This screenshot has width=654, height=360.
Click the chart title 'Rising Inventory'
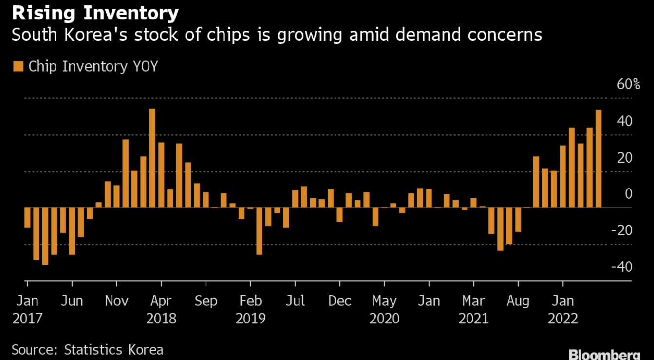[x=95, y=13]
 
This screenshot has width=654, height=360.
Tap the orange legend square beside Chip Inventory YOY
[x=18, y=66]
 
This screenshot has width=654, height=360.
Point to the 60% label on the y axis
[x=628, y=84]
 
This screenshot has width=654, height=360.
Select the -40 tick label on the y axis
[x=622, y=267]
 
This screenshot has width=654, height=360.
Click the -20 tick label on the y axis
[x=622, y=230]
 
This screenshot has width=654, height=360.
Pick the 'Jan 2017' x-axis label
[x=27, y=309]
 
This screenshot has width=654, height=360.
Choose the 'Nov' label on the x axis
[x=116, y=301]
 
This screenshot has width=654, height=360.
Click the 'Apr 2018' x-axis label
[x=161, y=309]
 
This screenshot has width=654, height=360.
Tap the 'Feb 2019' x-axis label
[x=250, y=309]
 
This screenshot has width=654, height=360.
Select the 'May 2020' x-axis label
[x=384, y=309]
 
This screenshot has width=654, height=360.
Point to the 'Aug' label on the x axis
[x=518, y=301]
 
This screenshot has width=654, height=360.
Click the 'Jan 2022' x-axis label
[x=562, y=309]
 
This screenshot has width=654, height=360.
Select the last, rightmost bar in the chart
[x=598, y=159]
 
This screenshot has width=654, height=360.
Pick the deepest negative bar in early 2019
[x=259, y=231]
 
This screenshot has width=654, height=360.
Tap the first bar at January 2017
[x=27, y=218]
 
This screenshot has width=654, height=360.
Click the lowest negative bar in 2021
[x=500, y=229]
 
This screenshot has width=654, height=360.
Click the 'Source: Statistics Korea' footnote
[x=87, y=350]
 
